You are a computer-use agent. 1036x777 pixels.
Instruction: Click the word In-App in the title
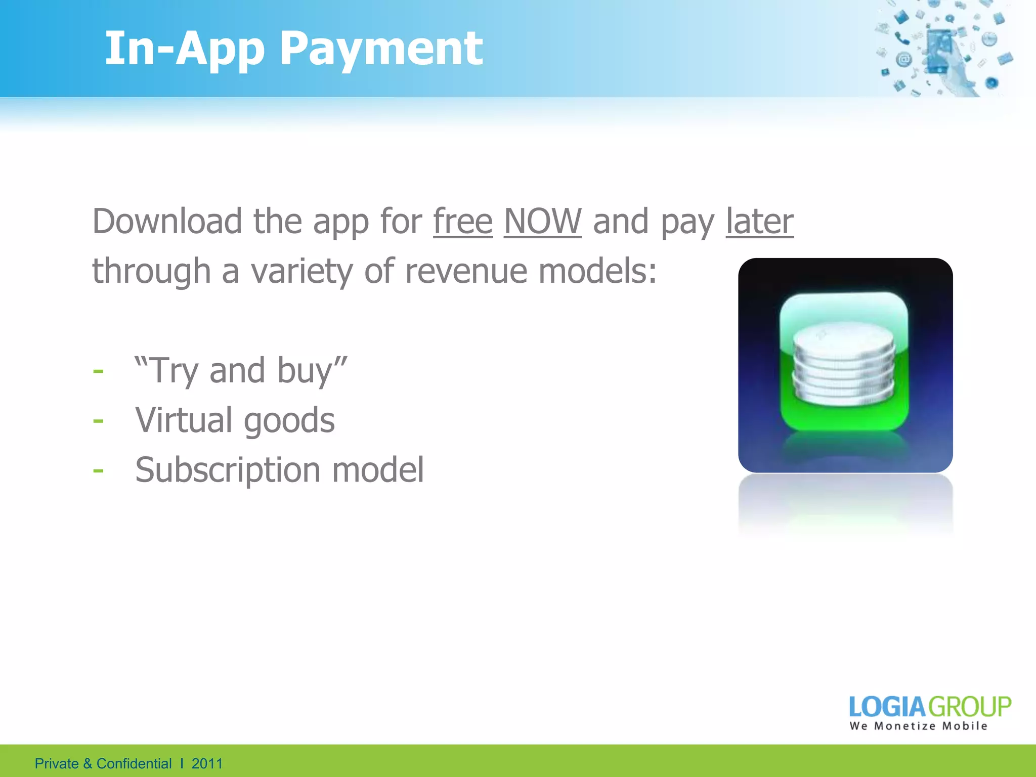[185, 49]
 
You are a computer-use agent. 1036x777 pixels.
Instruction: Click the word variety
[302, 272]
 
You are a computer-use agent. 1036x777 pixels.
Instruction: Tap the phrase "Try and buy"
[241, 370]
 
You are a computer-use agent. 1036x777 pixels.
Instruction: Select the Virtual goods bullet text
[235, 420]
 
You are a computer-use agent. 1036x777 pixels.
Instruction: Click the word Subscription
[228, 470]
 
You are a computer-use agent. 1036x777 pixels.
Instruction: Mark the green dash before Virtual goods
[98, 421]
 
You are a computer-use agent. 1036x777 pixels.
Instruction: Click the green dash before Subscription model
[98, 470]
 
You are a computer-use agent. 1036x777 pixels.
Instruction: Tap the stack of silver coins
[843, 363]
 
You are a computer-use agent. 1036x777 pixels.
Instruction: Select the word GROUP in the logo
[969, 707]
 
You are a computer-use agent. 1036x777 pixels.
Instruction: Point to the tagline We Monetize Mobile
[918, 726]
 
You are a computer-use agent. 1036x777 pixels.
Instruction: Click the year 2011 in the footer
[207, 763]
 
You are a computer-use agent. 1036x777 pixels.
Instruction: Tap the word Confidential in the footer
[134, 763]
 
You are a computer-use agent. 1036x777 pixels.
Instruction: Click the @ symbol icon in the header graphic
[903, 60]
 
